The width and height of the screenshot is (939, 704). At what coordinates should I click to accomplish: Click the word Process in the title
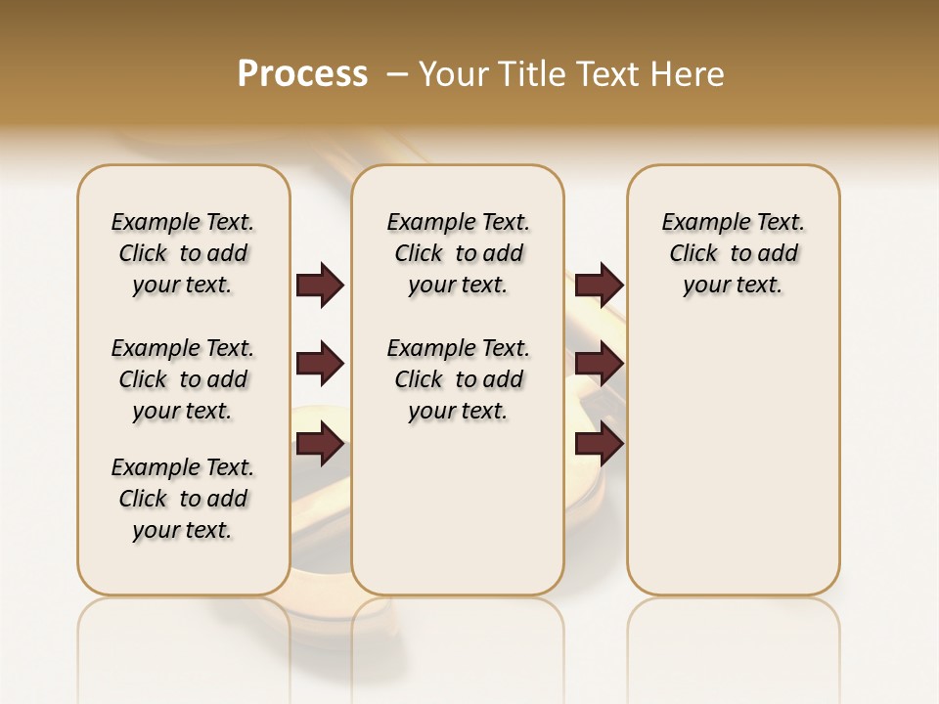(x=302, y=74)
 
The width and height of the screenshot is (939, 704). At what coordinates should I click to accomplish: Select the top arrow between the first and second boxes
(x=320, y=286)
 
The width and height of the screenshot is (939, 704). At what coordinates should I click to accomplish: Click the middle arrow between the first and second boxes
(x=320, y=365)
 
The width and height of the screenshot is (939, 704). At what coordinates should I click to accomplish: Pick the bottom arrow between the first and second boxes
(x=320, y=445)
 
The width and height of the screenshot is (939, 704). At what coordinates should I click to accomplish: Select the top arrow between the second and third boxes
(x=599, y=286)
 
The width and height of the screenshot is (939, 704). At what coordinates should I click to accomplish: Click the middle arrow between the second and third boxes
(x=599, y=365)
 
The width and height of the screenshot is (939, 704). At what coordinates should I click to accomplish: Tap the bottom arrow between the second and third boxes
(x=599, y=445)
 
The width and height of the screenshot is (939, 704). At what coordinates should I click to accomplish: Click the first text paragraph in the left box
(x=183, y=253)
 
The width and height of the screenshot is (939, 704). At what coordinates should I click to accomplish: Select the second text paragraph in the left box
(x=183, y=379)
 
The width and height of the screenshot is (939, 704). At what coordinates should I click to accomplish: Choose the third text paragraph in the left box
(x=183, y=499)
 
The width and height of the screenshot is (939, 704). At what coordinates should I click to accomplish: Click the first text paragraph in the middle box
(x=459, y=253)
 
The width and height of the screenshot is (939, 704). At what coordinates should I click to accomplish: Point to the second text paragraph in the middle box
(x=459, y=379)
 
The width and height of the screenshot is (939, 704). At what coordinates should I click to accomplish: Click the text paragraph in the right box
(x=734, y=253)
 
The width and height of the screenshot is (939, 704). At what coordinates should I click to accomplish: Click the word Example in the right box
(x=698, y=223)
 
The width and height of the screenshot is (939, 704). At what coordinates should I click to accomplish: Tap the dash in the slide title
(x=397, y=74)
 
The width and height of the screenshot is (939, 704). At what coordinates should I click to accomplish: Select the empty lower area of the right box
(x=734, y=460)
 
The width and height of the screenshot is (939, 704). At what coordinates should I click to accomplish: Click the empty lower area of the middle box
(x=458, y=508)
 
